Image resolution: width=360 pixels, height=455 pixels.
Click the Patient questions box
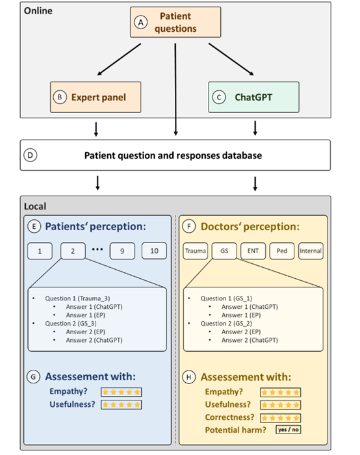(x=175, y=22)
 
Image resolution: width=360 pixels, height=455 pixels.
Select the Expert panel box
(x=96, y=97)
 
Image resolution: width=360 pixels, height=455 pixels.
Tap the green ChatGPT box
(x=253, y=97)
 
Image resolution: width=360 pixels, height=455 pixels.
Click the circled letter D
(x=30, y=155)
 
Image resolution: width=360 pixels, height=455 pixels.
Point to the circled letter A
(x=141, y=22)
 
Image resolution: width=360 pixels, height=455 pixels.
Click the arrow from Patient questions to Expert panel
(x=119, y=60)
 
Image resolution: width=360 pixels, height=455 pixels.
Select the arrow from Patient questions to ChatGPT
(x=231, y=60)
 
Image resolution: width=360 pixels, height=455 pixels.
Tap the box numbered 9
(x=122, y=251)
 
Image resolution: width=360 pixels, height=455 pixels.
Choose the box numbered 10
(x=154, y=251)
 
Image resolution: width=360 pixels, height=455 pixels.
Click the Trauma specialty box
(x=196, y=251)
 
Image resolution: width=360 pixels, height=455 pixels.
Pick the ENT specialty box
(x=253, y=251)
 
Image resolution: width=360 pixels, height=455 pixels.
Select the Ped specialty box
(x=281, y=251)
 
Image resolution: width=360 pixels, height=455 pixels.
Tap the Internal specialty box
(x=311, y=251)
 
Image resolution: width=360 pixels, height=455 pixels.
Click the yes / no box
(x=288, y=430)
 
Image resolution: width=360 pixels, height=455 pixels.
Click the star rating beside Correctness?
(x=280, y=418)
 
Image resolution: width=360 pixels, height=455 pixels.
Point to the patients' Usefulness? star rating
(x=122, y=404)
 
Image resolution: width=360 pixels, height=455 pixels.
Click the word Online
(x=38, y=11)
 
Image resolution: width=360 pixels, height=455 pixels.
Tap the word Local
(x=35, y=206)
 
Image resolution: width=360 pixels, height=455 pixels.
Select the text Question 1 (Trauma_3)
(x=77, y=298)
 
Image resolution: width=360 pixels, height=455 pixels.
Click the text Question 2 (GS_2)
(x=226, y=323)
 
